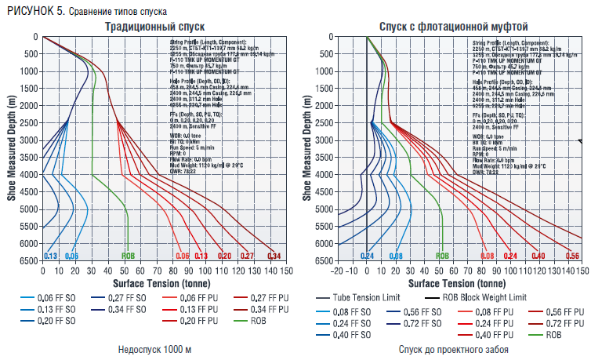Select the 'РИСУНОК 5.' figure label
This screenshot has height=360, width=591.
coord(31,10)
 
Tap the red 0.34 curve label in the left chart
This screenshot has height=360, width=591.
coord(274,256)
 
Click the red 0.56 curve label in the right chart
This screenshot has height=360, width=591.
coord(573,256)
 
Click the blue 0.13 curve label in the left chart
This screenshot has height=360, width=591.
coord(50,256)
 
